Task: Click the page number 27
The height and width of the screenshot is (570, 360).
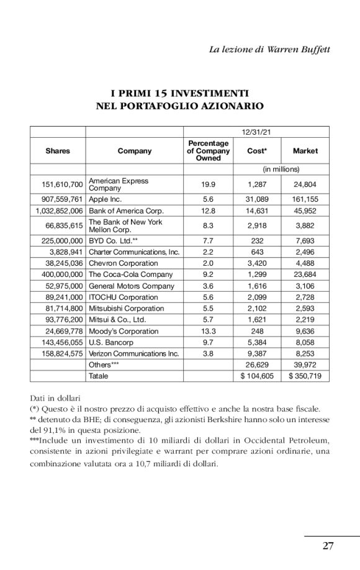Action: pyautogui.click(x=328, y=546)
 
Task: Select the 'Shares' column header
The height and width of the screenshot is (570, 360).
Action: pyautogui.click(x=58, y=151)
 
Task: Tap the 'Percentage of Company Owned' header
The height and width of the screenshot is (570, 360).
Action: pyautogui.click(x=208, y=151)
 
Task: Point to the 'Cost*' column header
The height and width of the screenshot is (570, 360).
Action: pyautogui.click(x=257, y=151)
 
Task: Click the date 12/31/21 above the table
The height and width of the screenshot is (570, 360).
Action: pyautogui.click(x=256, y=131)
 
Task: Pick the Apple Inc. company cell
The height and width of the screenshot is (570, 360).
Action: pyautogui.click(x=105, y=200)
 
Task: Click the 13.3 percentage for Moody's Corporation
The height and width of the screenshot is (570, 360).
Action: pyautogui.click(x=208, y=332)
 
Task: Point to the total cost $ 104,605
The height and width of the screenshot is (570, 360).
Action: pyautogui.click(x=257, y=376)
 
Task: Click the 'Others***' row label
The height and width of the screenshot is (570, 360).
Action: pyautogui.click(x=104, y=365)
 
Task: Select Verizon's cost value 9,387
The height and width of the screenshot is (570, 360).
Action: pyautogui.click(x=257, y=354)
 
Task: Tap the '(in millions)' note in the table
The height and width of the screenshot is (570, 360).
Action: pyautogui.click(x=281, y=169)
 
